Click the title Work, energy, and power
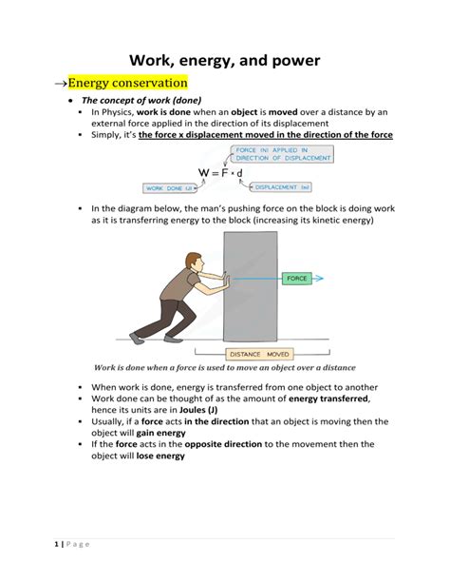225,61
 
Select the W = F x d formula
220,172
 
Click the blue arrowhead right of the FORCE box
320,279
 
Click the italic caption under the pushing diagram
224,367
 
